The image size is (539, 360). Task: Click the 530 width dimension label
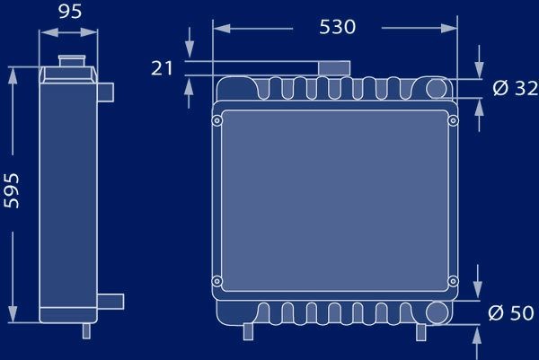point(337,27)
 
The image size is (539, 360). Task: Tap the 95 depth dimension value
point(70,12)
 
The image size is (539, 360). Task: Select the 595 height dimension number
point(12,190)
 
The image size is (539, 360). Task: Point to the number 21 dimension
point(162,68)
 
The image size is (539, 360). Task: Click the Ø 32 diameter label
point(515,88)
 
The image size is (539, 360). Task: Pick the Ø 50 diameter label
point(511,312)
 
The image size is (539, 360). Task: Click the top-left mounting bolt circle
point(216,120)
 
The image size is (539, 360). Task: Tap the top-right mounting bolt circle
point(454,120)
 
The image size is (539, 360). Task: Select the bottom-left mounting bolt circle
point(216,281)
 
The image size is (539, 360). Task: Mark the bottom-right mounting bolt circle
point(454,281)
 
